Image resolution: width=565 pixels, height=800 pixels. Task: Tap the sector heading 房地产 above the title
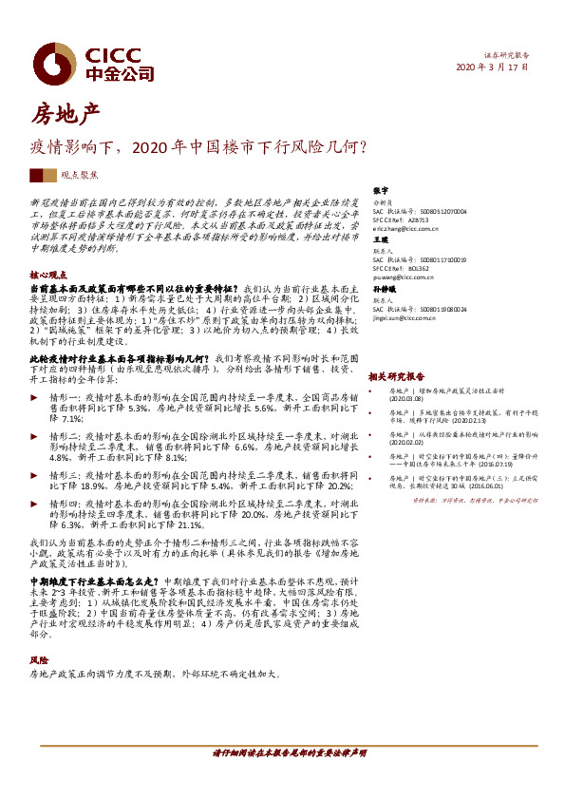[66, 116]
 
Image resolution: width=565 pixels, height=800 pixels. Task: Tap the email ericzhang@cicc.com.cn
[404, 229]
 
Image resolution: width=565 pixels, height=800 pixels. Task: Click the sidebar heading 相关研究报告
[392, 376]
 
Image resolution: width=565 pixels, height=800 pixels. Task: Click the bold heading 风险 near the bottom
[38, 659]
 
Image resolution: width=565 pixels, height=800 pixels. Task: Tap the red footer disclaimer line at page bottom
[288, 751]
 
